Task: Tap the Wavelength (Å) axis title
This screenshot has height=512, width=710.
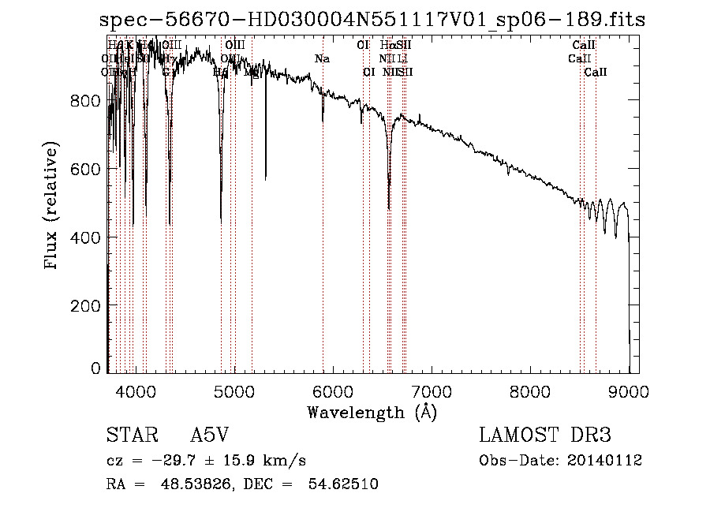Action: [x=372, y=412]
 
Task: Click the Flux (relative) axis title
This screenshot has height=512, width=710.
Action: [x=53, y=207]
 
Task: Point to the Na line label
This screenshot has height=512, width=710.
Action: [x=322, y=59]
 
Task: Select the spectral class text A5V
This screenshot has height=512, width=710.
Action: [x=210, y=435]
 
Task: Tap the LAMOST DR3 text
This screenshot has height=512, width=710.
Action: [x=545, y=435]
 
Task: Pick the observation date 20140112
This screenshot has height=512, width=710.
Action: [x=608, y=461]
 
